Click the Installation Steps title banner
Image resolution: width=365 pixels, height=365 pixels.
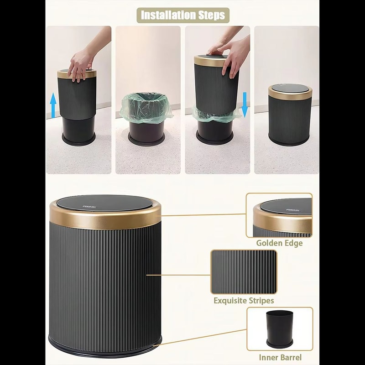(182, 15)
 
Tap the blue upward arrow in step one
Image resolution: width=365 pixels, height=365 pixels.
(53, 104)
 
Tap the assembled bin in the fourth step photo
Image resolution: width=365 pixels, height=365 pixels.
(290, 114)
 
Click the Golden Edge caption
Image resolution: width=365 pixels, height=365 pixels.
(279, 243)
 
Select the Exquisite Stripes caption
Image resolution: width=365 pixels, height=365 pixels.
(244, 301)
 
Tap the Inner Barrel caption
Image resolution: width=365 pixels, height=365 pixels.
(280, 357)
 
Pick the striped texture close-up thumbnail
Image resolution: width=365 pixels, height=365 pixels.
(244, 271)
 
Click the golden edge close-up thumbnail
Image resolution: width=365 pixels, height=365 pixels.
(279, 215)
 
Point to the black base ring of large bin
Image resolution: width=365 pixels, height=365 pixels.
(105, 349)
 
